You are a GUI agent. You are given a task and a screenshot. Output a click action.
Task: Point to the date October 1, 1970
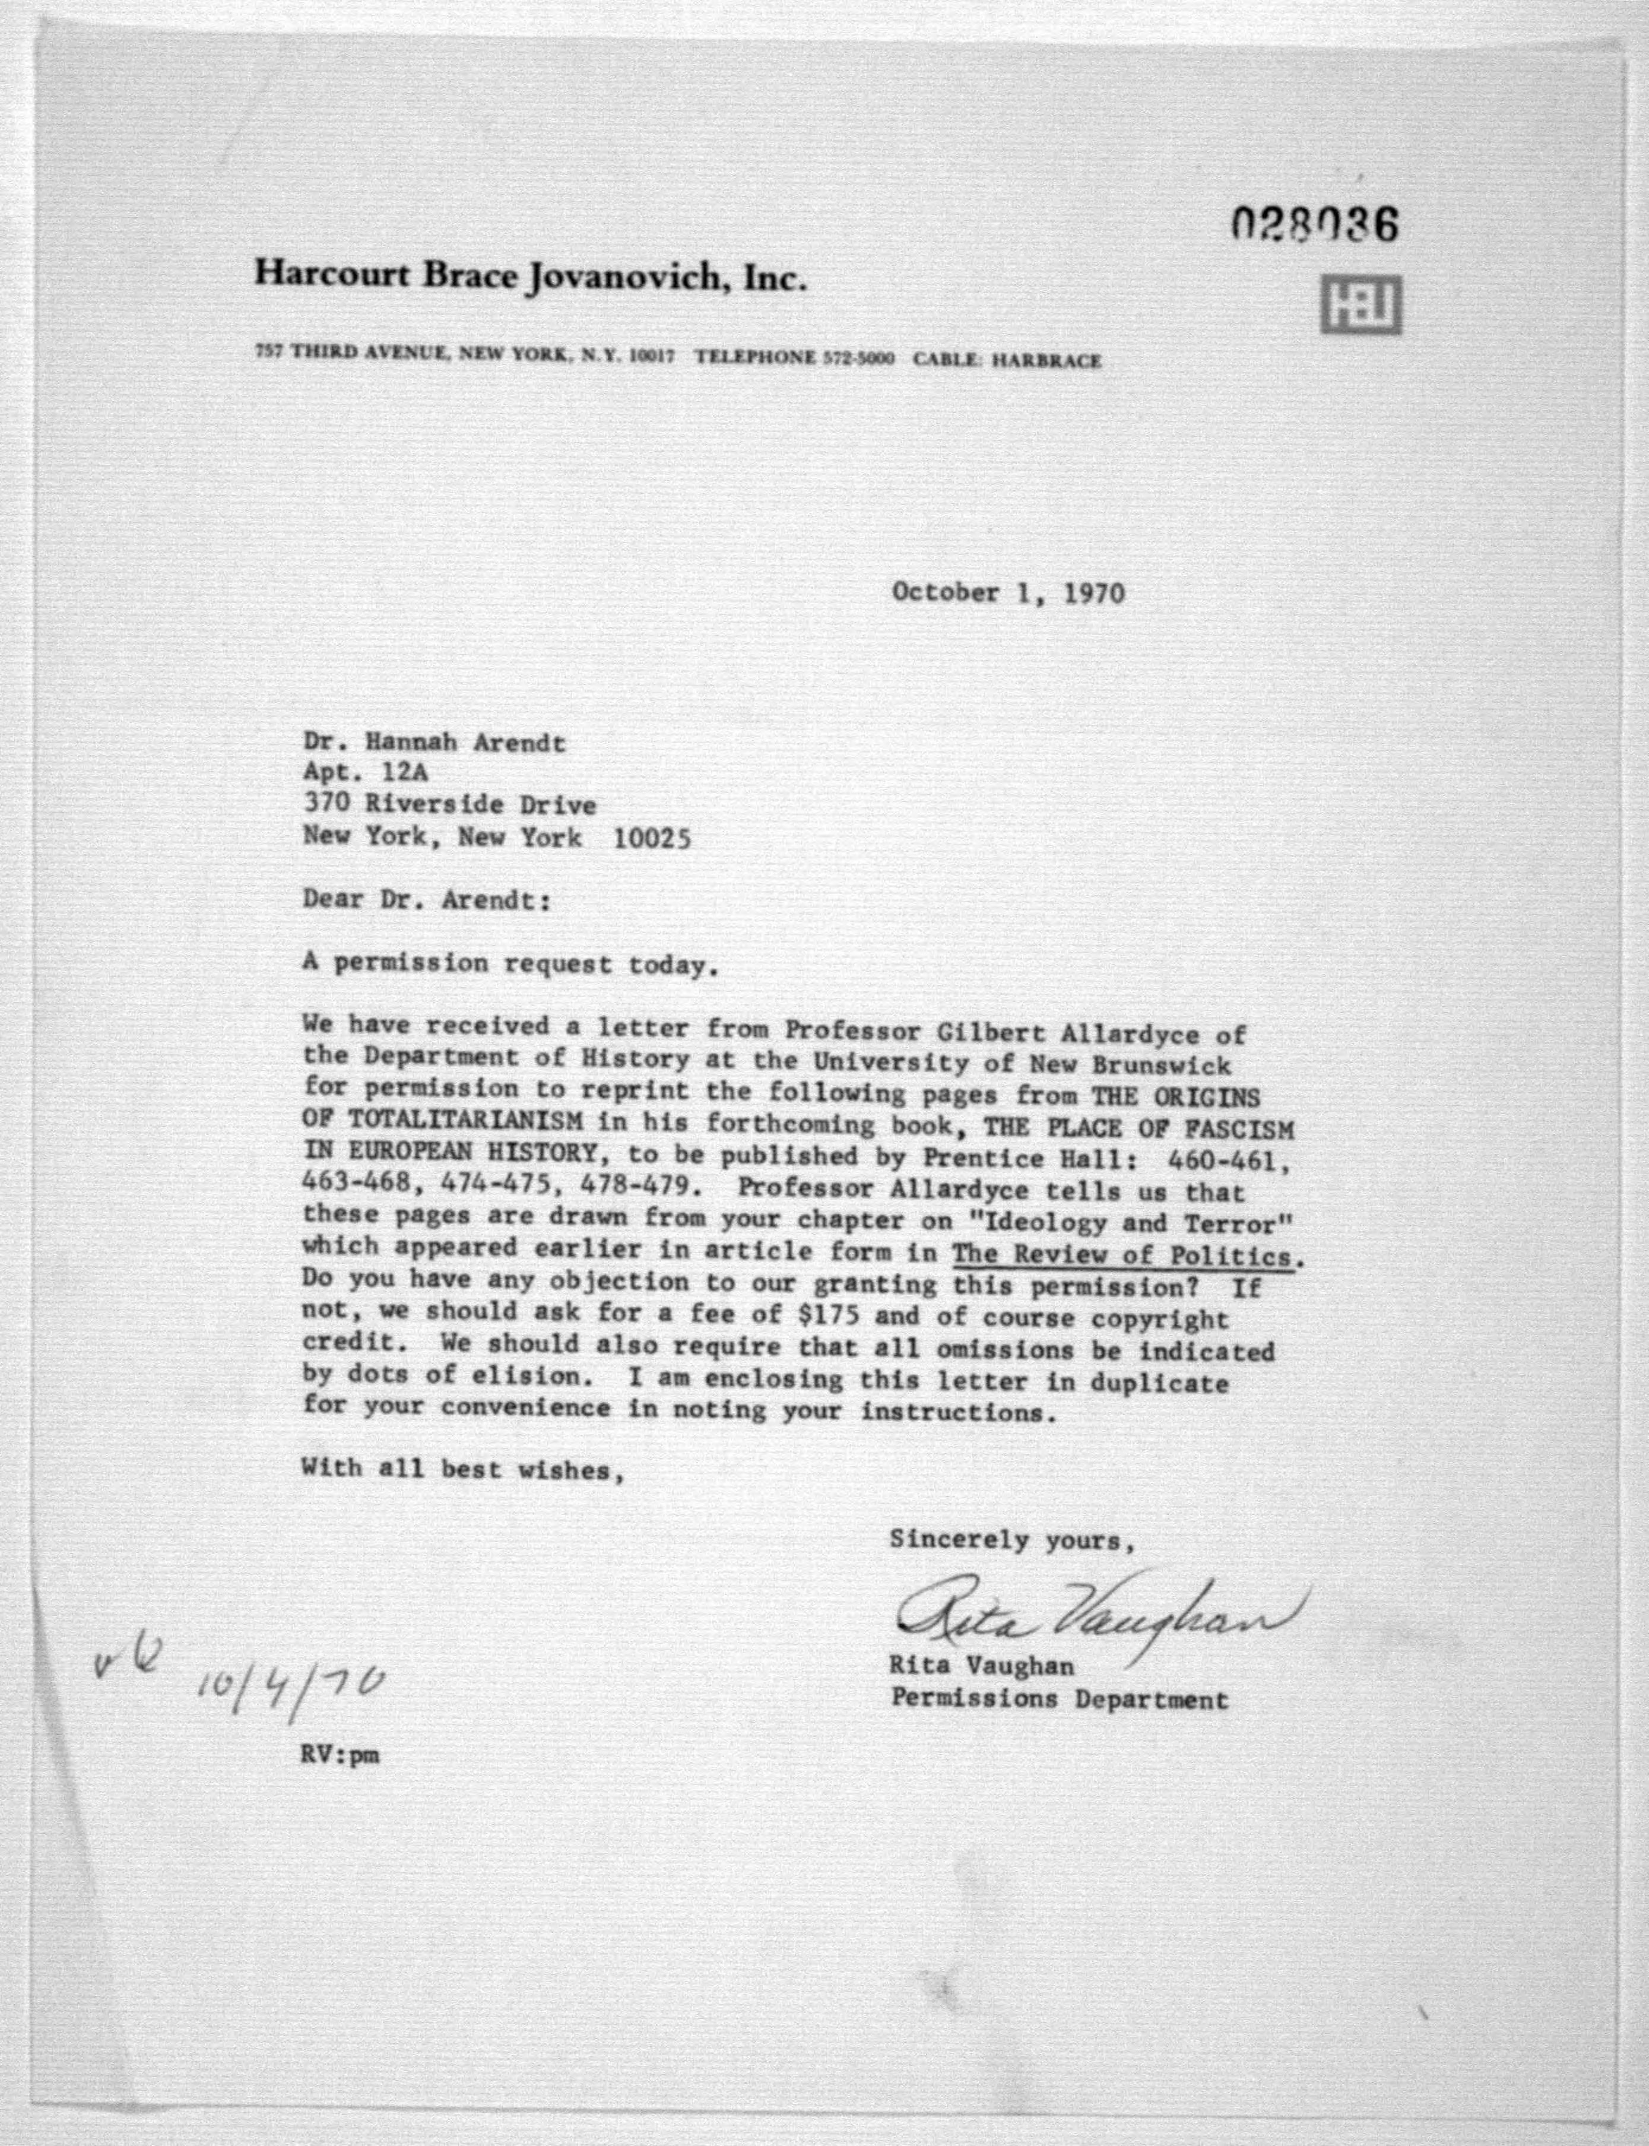point(1008,593)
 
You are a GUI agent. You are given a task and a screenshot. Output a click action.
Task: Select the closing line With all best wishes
point(462,1470)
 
